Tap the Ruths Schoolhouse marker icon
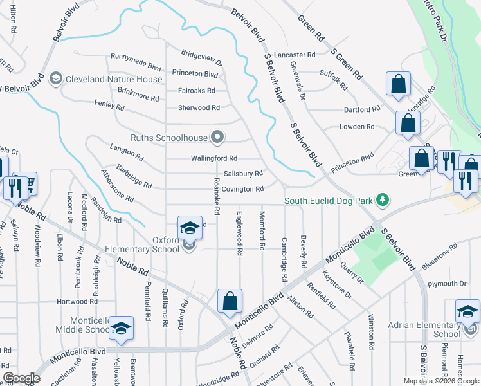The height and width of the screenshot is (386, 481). click(x=217, y=137)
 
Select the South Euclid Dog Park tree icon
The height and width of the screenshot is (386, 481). click(x=383, y=201)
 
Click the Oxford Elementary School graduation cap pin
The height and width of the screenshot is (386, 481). click(x=189, y=228)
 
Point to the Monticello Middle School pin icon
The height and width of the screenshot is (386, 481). click(x=120, y=328)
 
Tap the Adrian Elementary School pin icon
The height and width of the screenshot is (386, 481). click(x=467, y=312)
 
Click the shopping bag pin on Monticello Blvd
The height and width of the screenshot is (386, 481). click(x=230, y=301)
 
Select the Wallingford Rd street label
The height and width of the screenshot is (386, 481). click(x=214, y=158)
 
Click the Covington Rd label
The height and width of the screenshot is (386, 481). click(x=244, y=189)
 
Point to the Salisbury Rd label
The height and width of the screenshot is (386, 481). click(x=243, y=174)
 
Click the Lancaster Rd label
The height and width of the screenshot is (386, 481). click(x=295, y=55)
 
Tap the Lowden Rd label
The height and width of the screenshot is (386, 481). click(x=357, y=127)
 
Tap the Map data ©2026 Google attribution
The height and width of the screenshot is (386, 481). click(x=440, y=381)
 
